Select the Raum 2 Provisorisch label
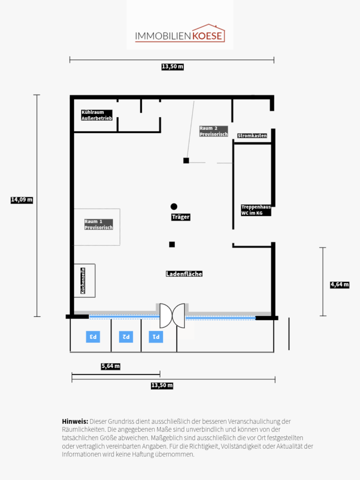pyautogui.click(x=213, y=131)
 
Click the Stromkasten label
pyautogui.click(x=252, y=135)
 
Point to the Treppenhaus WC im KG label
pyautogui.click(x=255, y=210)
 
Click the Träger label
pyautogui.click(x=180, y=217)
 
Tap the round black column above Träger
pyautogui.click(x=173, y=206)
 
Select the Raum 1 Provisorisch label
pyautogui.click(x=98, y=224)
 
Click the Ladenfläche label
pyautogui.click(x=184, y=273)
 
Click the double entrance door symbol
pyautogui.click(x=172, y=316)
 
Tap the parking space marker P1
pyautogui.click(x=156, y=337)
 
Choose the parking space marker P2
pyautogui.click(x=125, y=337)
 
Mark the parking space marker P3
pyautogui.click(x=93, y=337)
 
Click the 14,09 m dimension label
pyautogui.click(x=21, y=200)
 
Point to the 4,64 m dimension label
pyautogui.click(x=339, y=285)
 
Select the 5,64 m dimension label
pyautogui.click(x=110, y=366)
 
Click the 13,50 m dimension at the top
pyautogui.click(x=172, y=66)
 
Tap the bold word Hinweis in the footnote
pyautogui.click(x=75, y=421)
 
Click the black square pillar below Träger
pyautogui.click(x=171, y=244)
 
